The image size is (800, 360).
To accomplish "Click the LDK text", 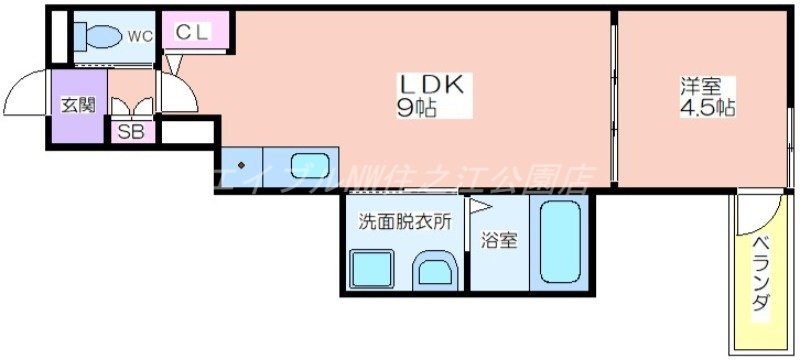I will tap(431, 86).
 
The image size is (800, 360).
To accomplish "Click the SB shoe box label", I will tap(131, 131).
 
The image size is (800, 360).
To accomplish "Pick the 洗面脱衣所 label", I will tap(398, 223).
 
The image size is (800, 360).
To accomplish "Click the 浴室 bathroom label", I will tap(499, 241).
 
